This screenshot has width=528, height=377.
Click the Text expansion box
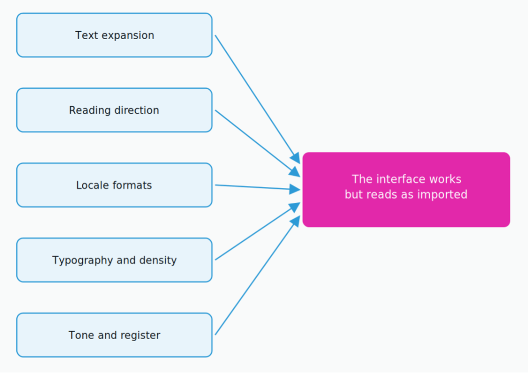[114, 35]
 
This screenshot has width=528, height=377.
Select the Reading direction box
[114, 110]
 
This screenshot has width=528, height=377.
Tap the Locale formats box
[114, 185]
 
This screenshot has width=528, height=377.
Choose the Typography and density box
[114, 260]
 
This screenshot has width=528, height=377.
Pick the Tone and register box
[114, 335]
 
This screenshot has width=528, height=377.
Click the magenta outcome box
[406, 190]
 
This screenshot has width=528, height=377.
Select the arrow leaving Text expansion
[258, 99]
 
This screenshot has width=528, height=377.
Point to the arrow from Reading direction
[258, 144]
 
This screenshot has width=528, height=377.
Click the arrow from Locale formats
[258, 187]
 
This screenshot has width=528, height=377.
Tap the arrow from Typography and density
[258, 231]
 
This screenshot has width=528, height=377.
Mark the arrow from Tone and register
[258, 275]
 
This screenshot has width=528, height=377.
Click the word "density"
[158, 260]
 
